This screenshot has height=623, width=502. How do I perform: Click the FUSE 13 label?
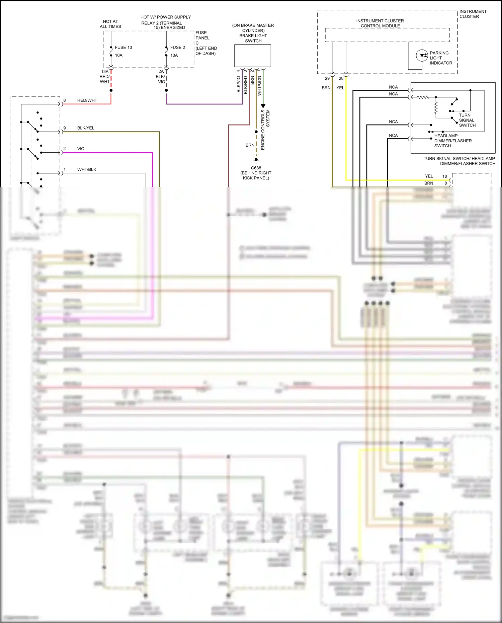click(123, 48)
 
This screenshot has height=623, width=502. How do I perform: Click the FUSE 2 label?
click(177, 48)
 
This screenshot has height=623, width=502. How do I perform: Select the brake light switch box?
click(253, 56)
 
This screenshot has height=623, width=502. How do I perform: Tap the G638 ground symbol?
click(256, 161)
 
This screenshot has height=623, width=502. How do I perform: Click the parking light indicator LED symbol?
click(422, 56)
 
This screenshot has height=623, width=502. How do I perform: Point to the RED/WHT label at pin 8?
click(87, 100)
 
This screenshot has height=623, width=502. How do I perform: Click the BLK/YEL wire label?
click(86, 128)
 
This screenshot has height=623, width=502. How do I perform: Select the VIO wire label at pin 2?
click(81, 149)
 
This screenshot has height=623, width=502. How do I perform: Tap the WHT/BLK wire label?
click(87, 169)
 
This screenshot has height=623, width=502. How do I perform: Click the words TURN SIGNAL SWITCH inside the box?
click(467, 120)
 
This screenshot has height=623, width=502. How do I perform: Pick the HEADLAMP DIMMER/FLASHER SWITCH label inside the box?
click(453, 141)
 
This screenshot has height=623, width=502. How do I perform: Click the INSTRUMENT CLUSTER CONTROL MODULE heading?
click(380, 23)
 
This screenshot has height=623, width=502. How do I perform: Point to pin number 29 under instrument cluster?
click(327, 79)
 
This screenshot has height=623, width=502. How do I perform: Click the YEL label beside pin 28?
click(340, 88)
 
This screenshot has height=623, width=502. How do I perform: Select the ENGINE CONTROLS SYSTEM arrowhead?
click(263, 106)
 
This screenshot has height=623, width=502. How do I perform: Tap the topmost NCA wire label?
click(393, 87)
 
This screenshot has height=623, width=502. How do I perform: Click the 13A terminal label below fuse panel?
click(105, 72)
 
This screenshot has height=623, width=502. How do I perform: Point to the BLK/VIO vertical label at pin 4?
click(239, 84)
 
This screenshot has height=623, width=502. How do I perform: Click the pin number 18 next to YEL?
click(444, 176)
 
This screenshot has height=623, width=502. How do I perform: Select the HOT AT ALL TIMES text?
click(110, 24)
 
